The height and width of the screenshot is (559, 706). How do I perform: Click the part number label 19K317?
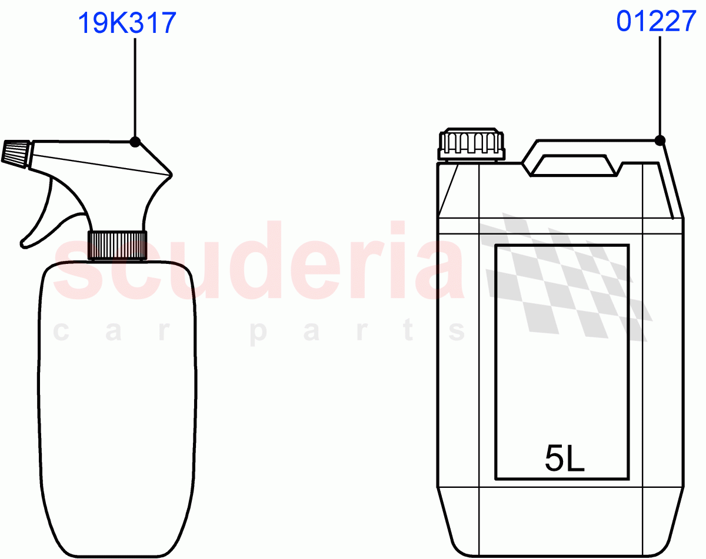126,24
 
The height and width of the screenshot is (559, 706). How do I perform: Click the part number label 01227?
656,22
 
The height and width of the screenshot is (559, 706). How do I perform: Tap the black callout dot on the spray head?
135,142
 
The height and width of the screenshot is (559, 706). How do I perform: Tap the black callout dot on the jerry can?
660,140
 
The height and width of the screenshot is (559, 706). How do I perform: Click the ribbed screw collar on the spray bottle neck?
117,245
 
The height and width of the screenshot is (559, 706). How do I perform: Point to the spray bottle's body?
118,406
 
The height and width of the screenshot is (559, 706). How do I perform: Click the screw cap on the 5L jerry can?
471,145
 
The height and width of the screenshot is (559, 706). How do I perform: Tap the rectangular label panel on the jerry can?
562,353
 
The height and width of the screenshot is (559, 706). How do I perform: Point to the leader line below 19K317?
135,88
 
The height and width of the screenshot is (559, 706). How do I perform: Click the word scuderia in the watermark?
259,265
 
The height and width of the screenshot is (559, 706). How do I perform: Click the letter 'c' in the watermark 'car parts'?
63,332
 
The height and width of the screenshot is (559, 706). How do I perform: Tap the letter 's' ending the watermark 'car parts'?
457,332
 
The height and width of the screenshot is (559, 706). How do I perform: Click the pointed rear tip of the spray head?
171,175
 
